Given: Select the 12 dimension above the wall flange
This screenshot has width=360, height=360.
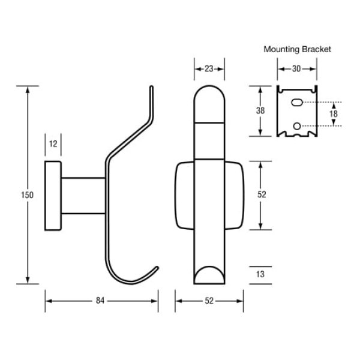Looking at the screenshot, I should [x=53, y=143].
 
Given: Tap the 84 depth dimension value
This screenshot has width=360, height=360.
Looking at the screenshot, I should [x=100, y=301].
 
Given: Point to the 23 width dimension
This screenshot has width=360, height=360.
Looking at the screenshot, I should [x=209, y=69].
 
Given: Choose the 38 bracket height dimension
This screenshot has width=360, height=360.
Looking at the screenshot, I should [x=260, y=110].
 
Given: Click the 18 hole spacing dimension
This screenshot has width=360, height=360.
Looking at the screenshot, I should [x=334, y=114].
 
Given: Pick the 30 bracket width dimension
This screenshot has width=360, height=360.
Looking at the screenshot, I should [x=296, y=69].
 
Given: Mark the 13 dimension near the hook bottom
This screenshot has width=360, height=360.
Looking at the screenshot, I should [x=260, y=274].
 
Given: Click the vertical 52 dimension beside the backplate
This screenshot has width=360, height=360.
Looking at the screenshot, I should [x=261, y=194].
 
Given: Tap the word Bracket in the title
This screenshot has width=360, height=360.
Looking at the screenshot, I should [x=318, y=49].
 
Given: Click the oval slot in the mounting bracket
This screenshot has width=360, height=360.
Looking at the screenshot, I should [x=296, y=103].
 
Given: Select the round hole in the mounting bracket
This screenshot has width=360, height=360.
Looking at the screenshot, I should [x=296, y=125].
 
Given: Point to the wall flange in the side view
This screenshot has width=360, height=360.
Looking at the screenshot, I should [x=52, y=195].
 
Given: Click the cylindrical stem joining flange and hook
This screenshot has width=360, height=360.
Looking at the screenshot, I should [x=83, y=195].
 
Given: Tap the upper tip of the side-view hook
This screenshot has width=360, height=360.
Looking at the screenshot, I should [x=152, y=89].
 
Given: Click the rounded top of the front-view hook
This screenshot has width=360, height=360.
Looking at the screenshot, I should [x=209, y=96].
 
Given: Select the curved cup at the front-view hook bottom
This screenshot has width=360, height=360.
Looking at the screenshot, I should [x=209, y=275].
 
